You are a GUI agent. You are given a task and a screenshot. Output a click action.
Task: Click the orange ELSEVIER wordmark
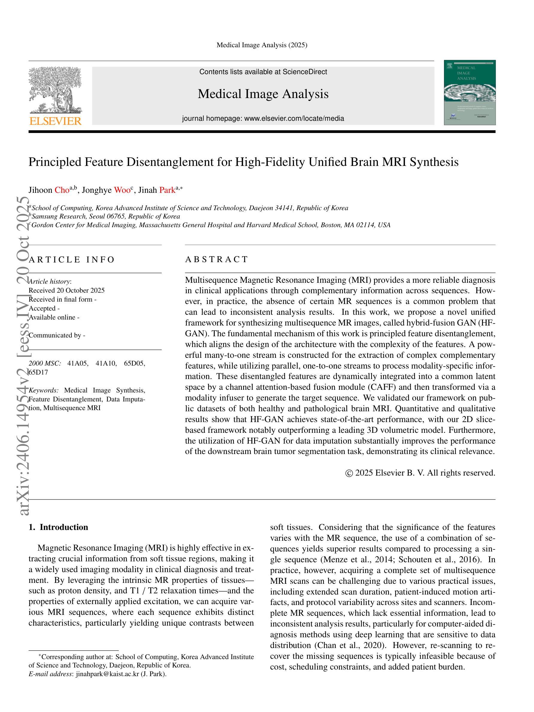(x=55, y=121)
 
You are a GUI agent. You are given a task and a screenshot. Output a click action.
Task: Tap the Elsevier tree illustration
(x=55, y=90)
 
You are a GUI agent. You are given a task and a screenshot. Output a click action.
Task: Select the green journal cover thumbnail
(x=469, y=92)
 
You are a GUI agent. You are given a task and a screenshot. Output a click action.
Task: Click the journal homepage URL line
(x=263, y=118)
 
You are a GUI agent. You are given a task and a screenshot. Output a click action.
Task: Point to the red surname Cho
(x=62, y=190)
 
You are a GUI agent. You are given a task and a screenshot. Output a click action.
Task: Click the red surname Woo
(x=122, y=190)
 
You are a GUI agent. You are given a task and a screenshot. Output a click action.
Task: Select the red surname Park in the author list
(x=167, y=190)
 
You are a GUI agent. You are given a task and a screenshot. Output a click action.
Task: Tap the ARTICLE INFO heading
(x=71, y=259)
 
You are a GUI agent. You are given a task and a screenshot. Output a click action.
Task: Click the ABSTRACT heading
(x=216, y=259)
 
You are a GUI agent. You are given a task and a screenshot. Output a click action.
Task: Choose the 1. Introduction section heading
(x=58, y=527)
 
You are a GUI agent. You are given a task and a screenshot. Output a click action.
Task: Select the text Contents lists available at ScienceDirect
(x=263, y=72)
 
